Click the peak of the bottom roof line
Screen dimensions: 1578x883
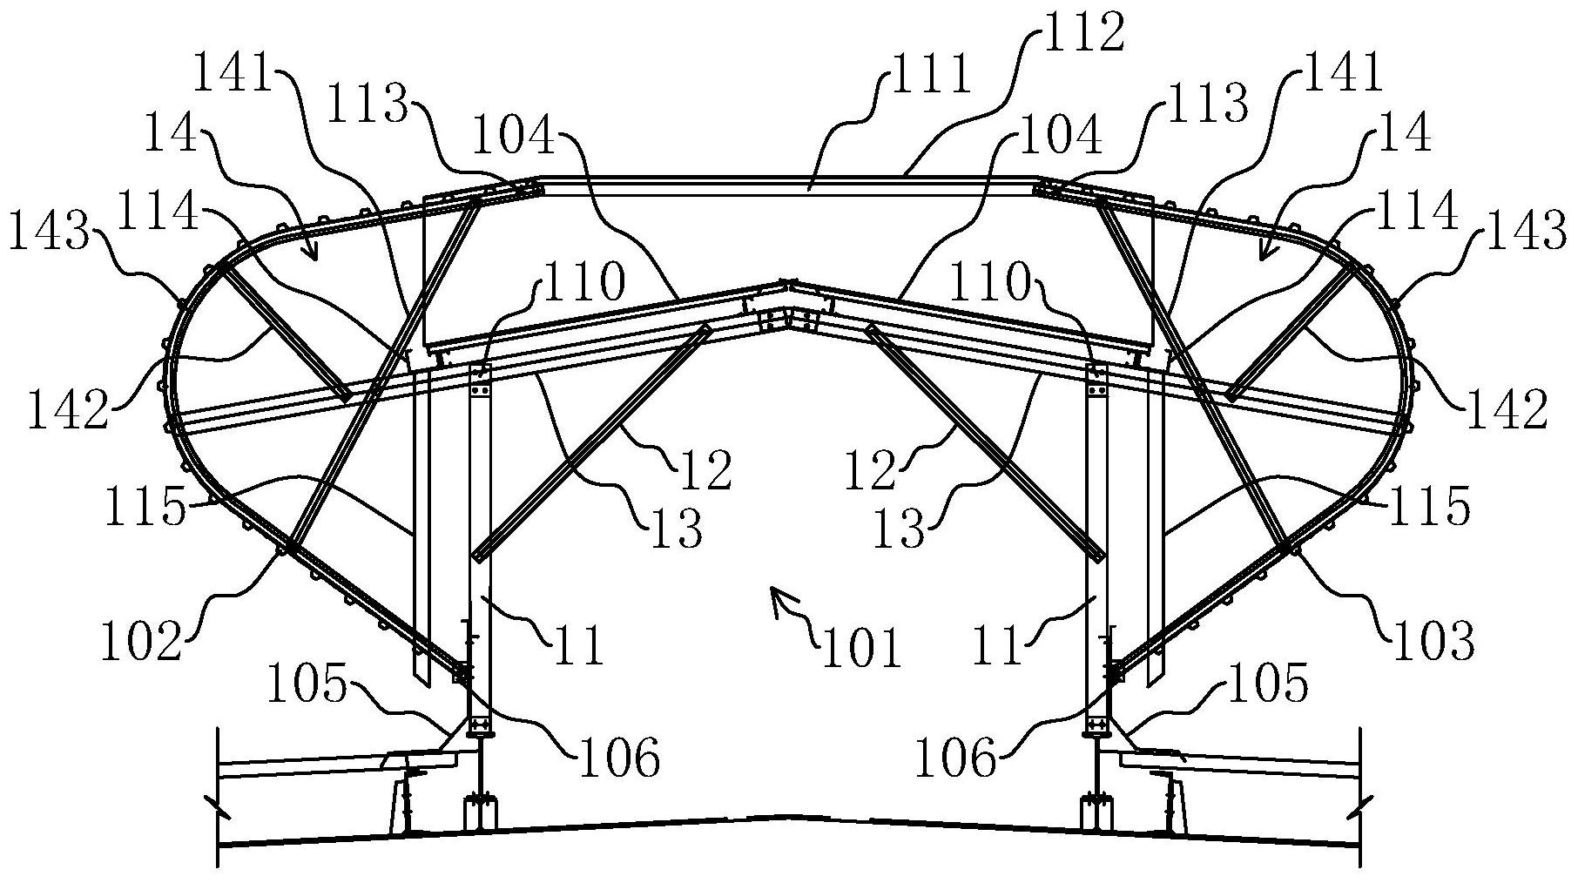(x=789, y=816)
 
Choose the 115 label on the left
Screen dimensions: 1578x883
(x=145, y=507)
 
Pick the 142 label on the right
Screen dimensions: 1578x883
(x=1507, y=409)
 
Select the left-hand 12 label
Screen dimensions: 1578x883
(x=705, y=469)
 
